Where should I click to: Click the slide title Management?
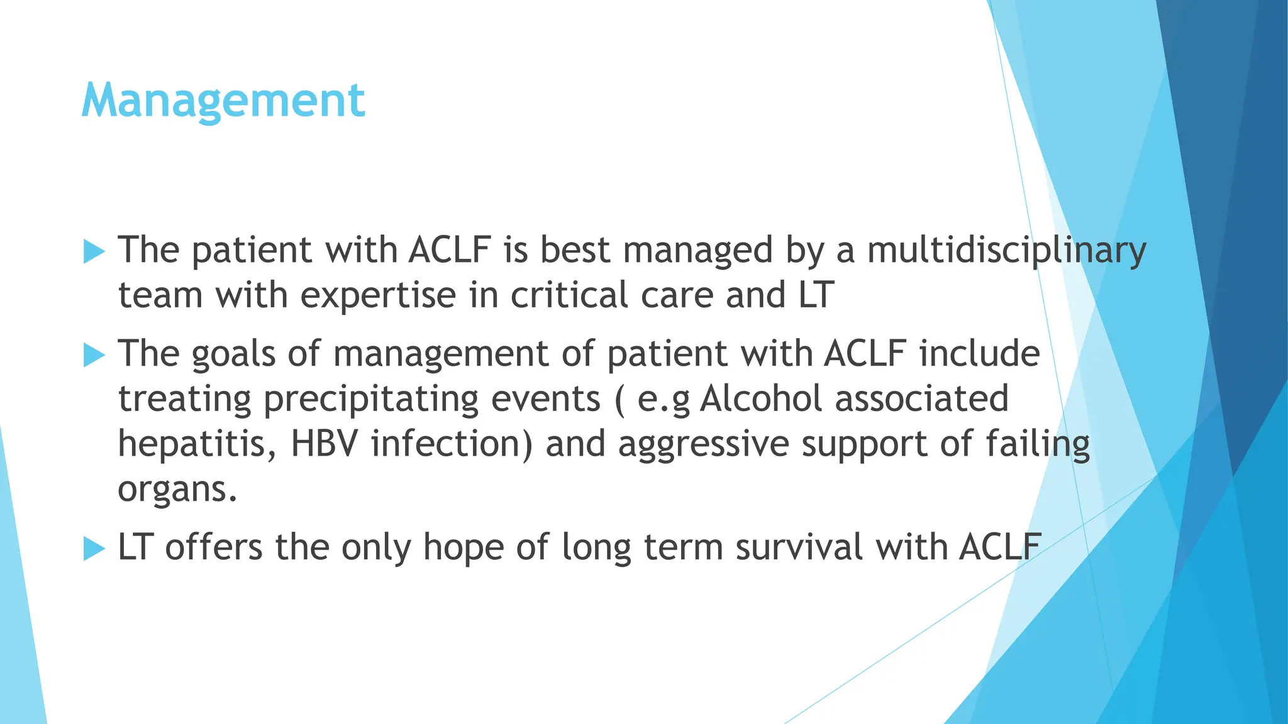coord(223,101)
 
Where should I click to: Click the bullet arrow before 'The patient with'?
coord(94,251)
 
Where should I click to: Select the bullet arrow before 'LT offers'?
coord(94,549)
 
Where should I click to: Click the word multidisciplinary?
coord(1006,250)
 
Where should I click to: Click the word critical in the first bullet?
coord(569,295)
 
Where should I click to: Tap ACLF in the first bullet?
coord(449,250)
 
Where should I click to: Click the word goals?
coord(233,354)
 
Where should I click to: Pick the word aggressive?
coord(703,445)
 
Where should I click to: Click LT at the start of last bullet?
coord(135,547)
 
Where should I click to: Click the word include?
coord(979,353)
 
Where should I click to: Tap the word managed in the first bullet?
coord(697,250)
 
